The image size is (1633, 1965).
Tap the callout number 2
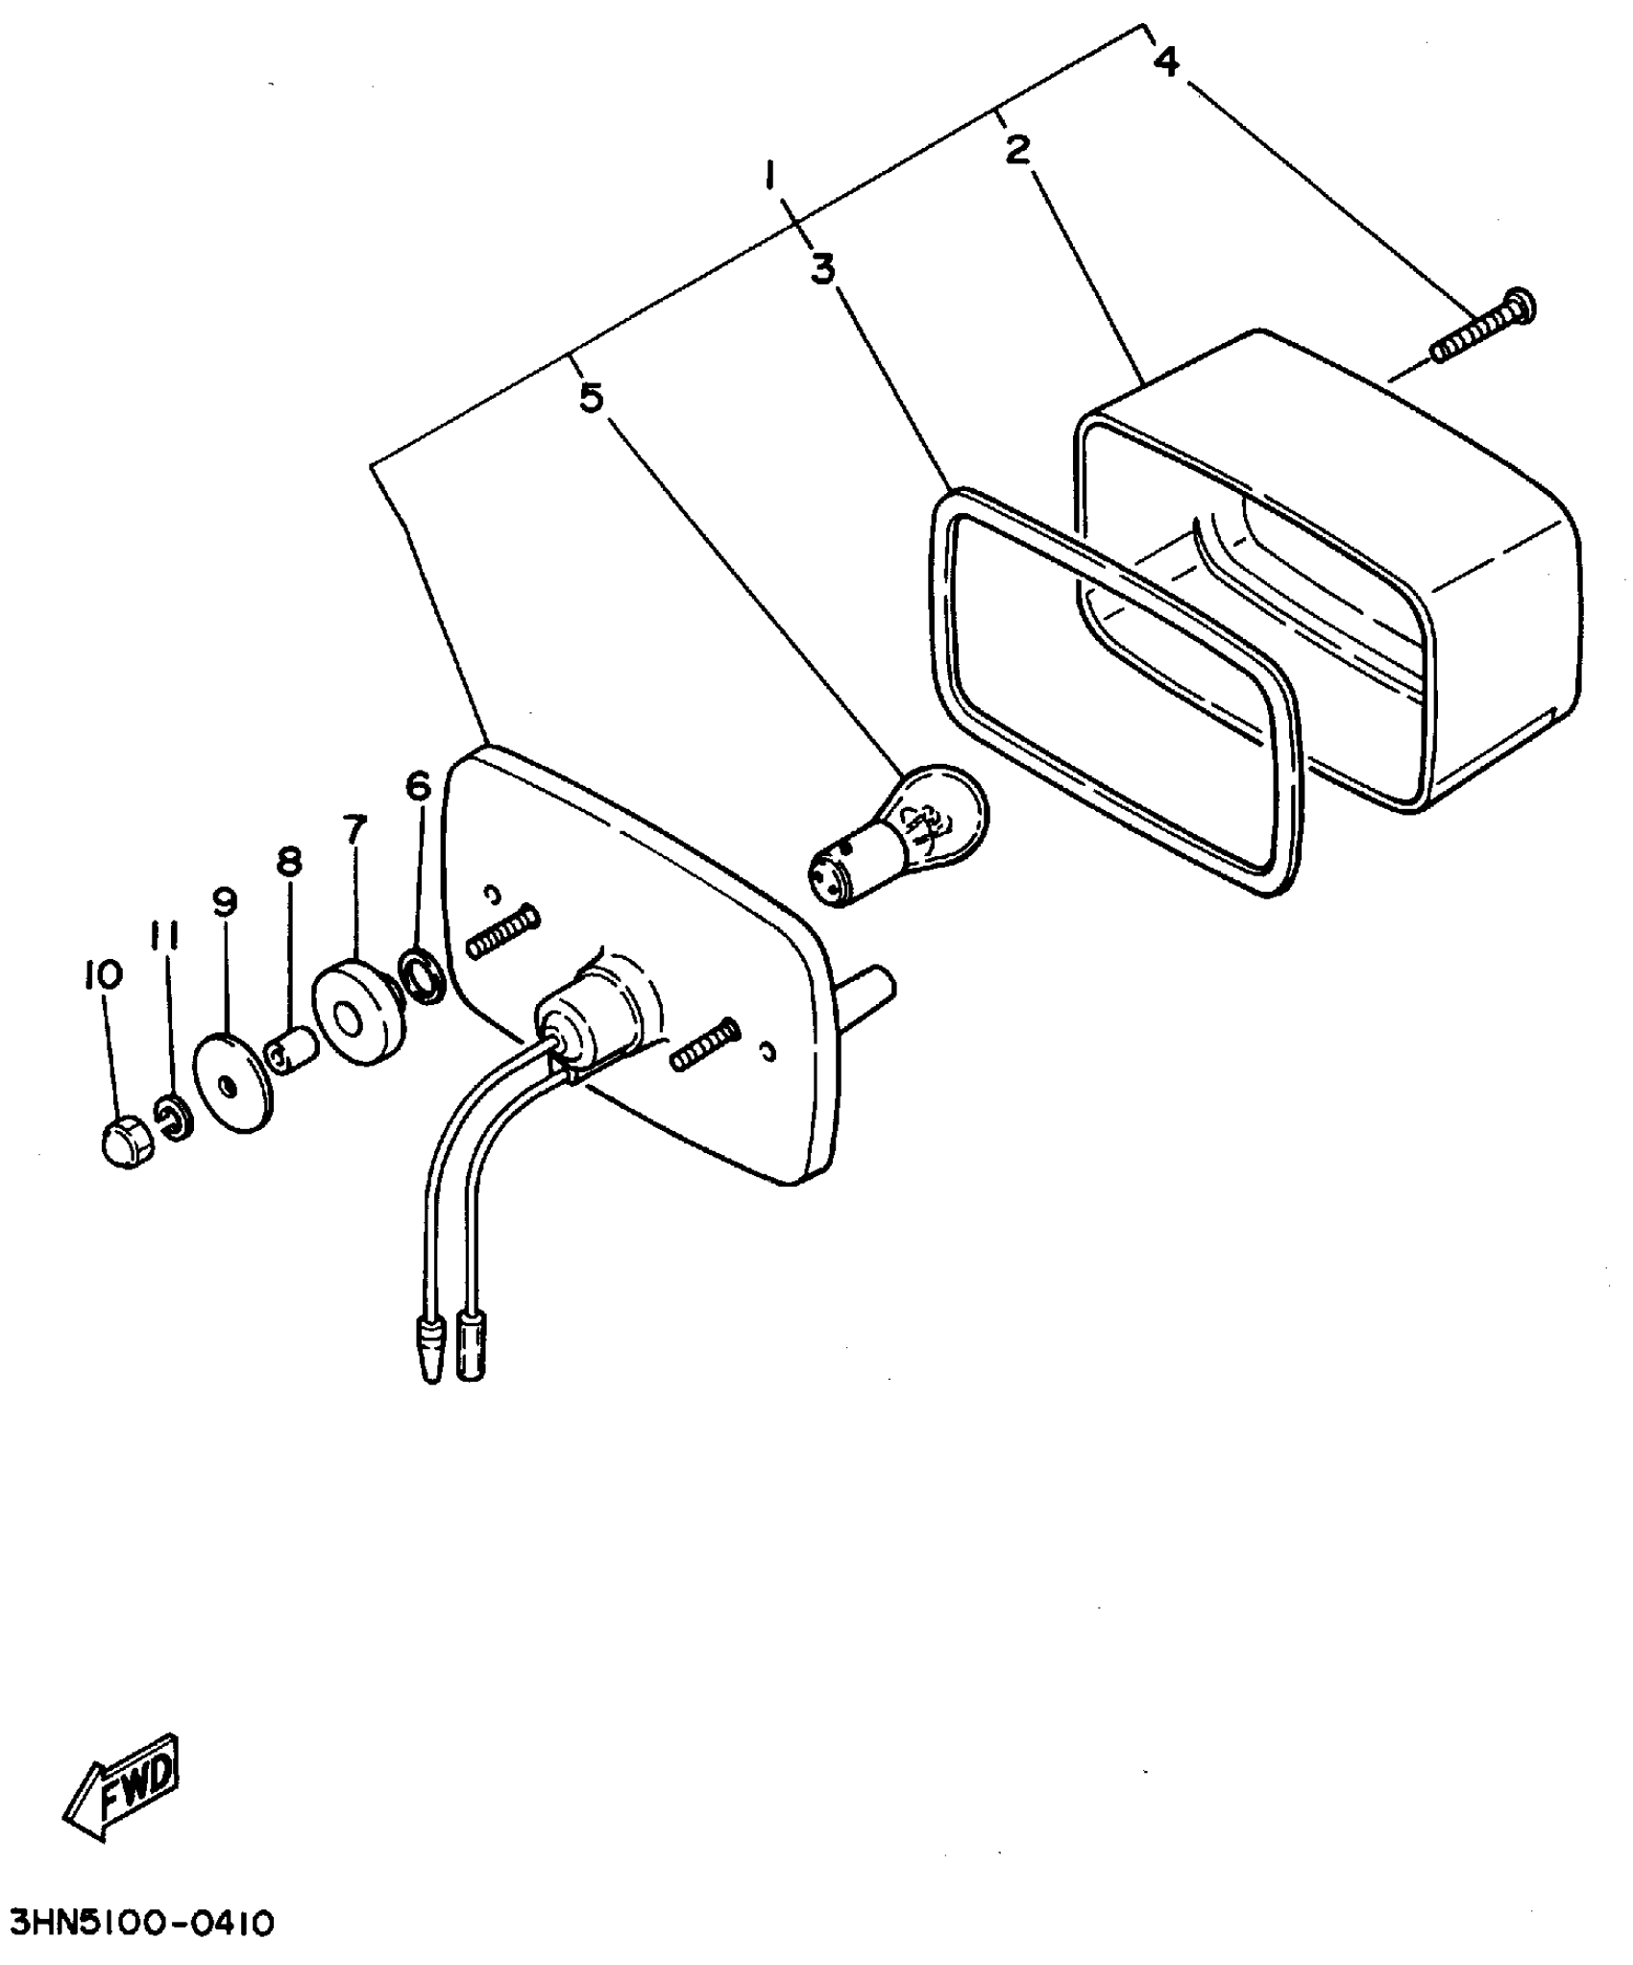[x=1017, y=149]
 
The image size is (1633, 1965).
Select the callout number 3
[x=822, y=269]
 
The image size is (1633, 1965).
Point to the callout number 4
[x=1165, y=61]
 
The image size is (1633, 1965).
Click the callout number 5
[x=592, y=396]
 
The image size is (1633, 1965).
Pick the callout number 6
[x=419, y=786]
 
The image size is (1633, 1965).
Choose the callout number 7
[x=354, y=827]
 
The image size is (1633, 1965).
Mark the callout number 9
[x=225, y=901]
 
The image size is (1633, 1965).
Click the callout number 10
[x=104, y=974]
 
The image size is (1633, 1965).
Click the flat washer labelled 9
[x=231, y=1082]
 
